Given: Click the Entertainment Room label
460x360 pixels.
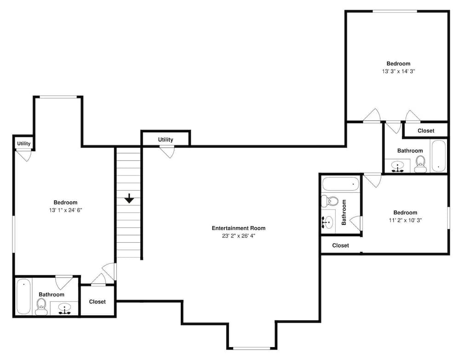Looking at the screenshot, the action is click(238, 228).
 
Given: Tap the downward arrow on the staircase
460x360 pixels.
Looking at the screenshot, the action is click(129, 199).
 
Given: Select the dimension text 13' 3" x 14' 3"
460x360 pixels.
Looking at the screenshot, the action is click(398, 71).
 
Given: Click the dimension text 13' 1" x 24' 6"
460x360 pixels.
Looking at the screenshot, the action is click(65, 210).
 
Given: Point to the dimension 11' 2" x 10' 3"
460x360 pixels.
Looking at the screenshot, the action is click(405, 220).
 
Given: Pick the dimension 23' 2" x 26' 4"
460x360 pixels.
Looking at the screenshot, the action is click(238, 236).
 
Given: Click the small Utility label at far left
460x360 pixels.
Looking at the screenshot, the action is click(24, 143).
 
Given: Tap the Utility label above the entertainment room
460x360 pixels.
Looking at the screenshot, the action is click(166, 140).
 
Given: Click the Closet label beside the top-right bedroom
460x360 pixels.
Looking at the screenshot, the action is click(425, 131).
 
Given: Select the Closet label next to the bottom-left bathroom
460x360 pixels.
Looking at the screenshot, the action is click(97, 302).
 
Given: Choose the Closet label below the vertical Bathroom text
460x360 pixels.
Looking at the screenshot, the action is click(340, 246).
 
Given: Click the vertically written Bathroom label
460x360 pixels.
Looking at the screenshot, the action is click(344, 212).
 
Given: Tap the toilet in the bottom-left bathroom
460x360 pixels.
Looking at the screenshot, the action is click(41, 307).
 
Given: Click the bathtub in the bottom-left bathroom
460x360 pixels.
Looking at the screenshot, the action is click(23, 296).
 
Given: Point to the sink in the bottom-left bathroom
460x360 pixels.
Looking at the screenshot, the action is click(64, 309).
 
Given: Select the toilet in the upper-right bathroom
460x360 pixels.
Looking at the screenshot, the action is click(420, 164).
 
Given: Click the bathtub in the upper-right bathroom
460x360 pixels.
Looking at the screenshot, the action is click(438, 155).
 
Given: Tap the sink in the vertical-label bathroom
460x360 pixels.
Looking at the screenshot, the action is click(328, 222).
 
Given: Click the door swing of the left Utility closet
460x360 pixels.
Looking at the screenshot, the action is click(24, 155).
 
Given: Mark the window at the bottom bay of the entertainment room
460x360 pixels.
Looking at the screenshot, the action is click(252, 348).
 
